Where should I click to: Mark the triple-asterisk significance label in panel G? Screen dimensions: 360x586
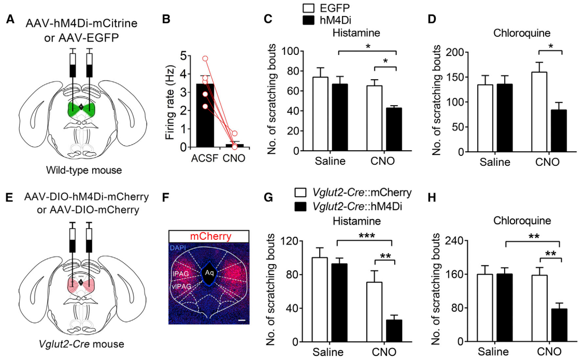[x=365, y=235]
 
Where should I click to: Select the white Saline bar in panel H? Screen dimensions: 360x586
[x=484, y=308]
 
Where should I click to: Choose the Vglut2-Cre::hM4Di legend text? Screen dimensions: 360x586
[x=357, y=206]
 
